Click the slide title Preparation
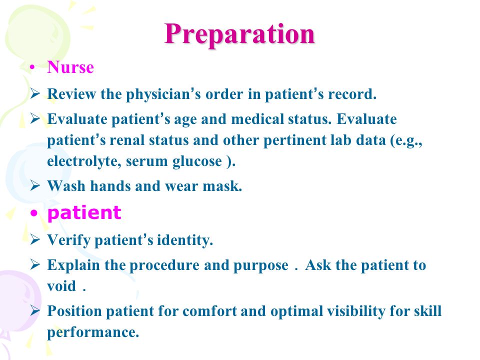click(x=239, y=34)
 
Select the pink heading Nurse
click(x=70, y=67)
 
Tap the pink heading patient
click(x=84, y=213)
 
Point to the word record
click(x=352, y=94)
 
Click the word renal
click(x=127, y=140)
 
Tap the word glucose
click(x=197, y=161)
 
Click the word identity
click(x=185, y=240)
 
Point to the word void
click(x=61, y=286)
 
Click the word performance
click(x=93, y=332)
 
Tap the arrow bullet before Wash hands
click(x=35, y=185)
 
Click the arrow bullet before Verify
click(x=35, y=239)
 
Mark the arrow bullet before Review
click(x=35, y=93)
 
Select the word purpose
click(x=261, y=265)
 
